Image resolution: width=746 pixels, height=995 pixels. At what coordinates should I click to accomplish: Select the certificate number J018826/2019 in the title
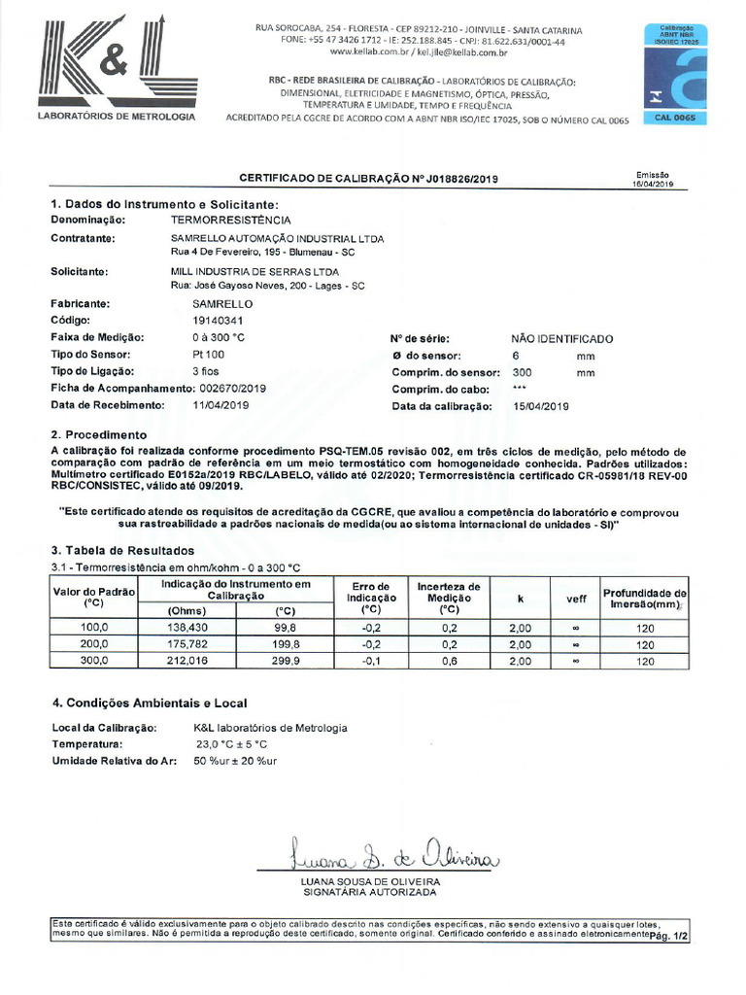(447, 179)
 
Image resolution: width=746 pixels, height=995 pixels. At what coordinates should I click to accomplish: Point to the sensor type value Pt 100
(209, 355)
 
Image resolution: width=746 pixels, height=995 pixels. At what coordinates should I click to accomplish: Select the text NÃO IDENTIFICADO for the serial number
(562, 339)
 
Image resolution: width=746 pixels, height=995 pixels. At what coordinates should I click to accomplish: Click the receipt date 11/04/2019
(223, 405)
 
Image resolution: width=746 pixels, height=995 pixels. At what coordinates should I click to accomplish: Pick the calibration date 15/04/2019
(541, 405)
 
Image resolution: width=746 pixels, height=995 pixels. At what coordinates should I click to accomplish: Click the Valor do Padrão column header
(93, 597)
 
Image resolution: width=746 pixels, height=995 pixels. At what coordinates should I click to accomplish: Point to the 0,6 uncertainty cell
(449, 661)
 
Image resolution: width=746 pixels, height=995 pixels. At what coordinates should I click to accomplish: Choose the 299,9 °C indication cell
(285, 661)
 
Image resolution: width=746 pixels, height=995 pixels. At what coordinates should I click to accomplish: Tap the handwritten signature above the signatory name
(392, 856)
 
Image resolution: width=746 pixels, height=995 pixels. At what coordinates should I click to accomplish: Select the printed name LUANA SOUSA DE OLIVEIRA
(371, 881)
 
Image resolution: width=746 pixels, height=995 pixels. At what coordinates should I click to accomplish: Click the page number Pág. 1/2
(668, 937)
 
